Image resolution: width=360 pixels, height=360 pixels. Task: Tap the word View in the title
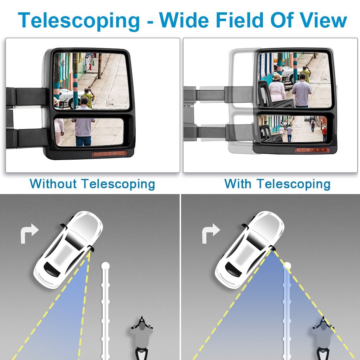pos(323,20)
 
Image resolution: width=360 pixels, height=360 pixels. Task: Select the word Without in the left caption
pos(53,184)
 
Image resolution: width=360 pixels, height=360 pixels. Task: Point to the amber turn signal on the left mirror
pos(110,154)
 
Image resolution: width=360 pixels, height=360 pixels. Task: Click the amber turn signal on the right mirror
pos(312,150)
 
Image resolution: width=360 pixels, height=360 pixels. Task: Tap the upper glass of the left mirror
pos(91,81)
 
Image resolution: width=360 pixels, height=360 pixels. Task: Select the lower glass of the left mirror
pos(89,132)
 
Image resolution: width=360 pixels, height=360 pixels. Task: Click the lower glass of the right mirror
pos(293,129)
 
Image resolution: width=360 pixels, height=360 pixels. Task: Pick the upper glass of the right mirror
pos(295,80)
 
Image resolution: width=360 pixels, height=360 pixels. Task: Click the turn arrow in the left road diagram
pos(29,233)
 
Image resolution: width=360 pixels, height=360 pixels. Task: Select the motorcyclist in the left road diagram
pos(142,338)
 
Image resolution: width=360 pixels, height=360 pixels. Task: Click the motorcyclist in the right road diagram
pos(323,338)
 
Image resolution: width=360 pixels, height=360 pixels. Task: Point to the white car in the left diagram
pos(68,250)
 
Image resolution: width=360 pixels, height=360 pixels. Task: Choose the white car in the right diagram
pos(249,250)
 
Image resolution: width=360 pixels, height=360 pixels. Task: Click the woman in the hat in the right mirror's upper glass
pos(277,88)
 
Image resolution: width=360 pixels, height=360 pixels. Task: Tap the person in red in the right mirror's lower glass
pos(324,133)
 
